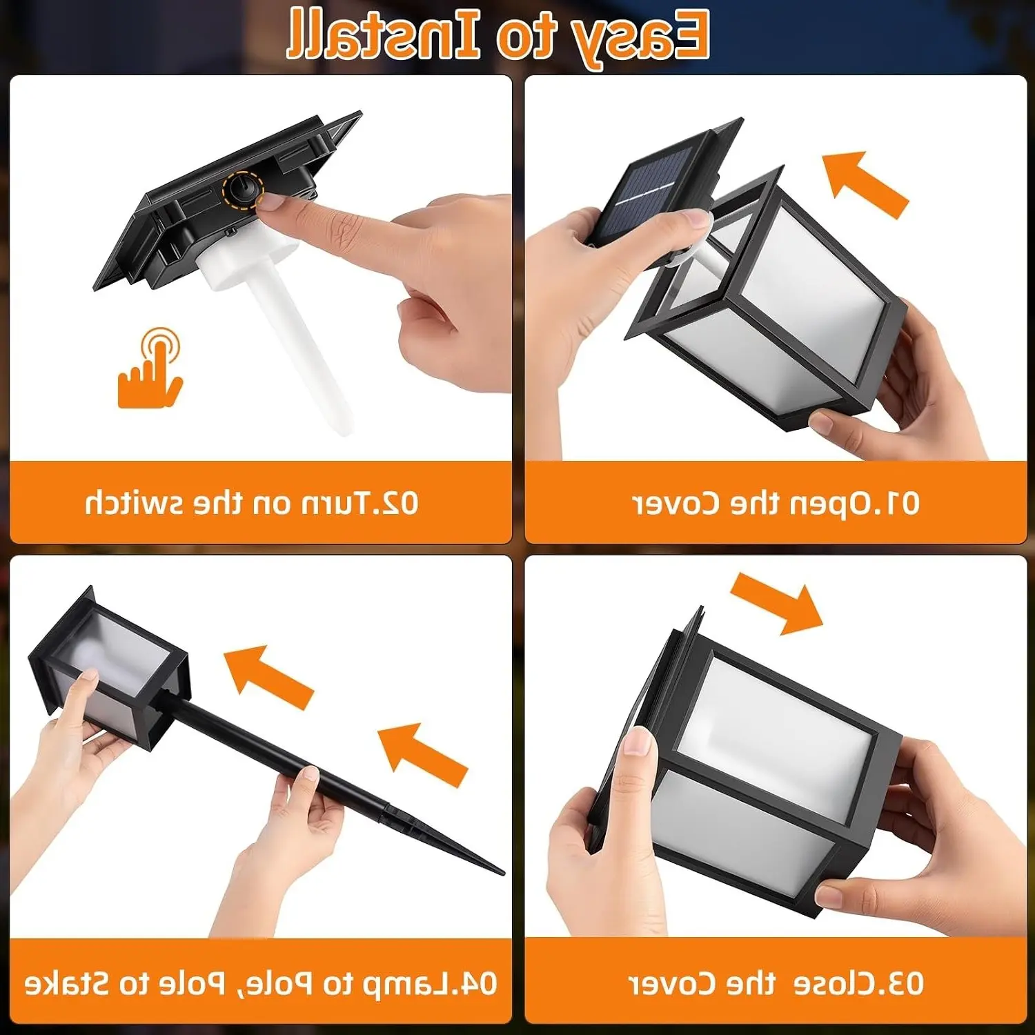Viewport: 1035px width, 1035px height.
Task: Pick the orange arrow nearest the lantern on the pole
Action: click(x=268, y=676)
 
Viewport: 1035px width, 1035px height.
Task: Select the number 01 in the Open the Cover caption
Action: click(x=902, y=504)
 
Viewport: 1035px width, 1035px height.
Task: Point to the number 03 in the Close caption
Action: click(x=905, y=983)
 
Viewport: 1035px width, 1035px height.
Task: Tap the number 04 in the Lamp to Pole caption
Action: click(x=478, y=983)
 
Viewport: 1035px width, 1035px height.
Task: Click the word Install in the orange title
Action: click(x=383, y=34)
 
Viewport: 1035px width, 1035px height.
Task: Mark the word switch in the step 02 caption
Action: click(x=132, y=504)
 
